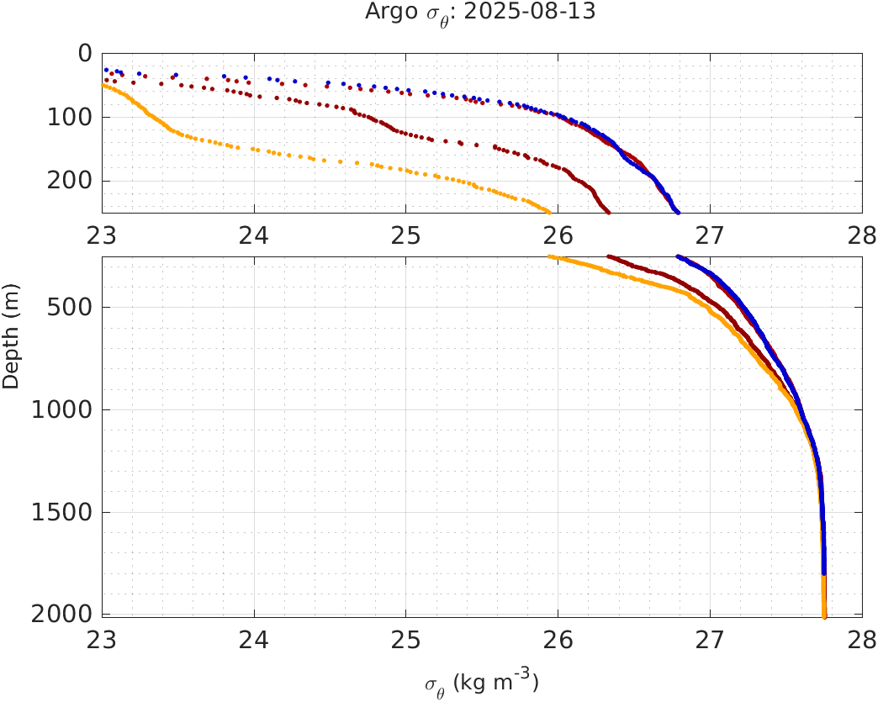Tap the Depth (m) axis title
click(x=11, y=346)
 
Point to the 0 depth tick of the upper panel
click(x=84, y=53)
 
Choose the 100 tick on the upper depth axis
click(x=69, y=117)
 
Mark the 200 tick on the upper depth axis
click(x=69, y=181)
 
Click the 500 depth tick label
click(x=69, y=307)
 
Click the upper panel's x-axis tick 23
click(x=103, y=236)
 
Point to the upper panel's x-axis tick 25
click(x=405, y=236)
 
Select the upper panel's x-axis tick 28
click(x=860, y=236)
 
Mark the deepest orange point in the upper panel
click(x=549, y=212)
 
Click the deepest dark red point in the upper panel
click(x=608, y=212)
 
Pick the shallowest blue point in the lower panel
click(x=678, y=256)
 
